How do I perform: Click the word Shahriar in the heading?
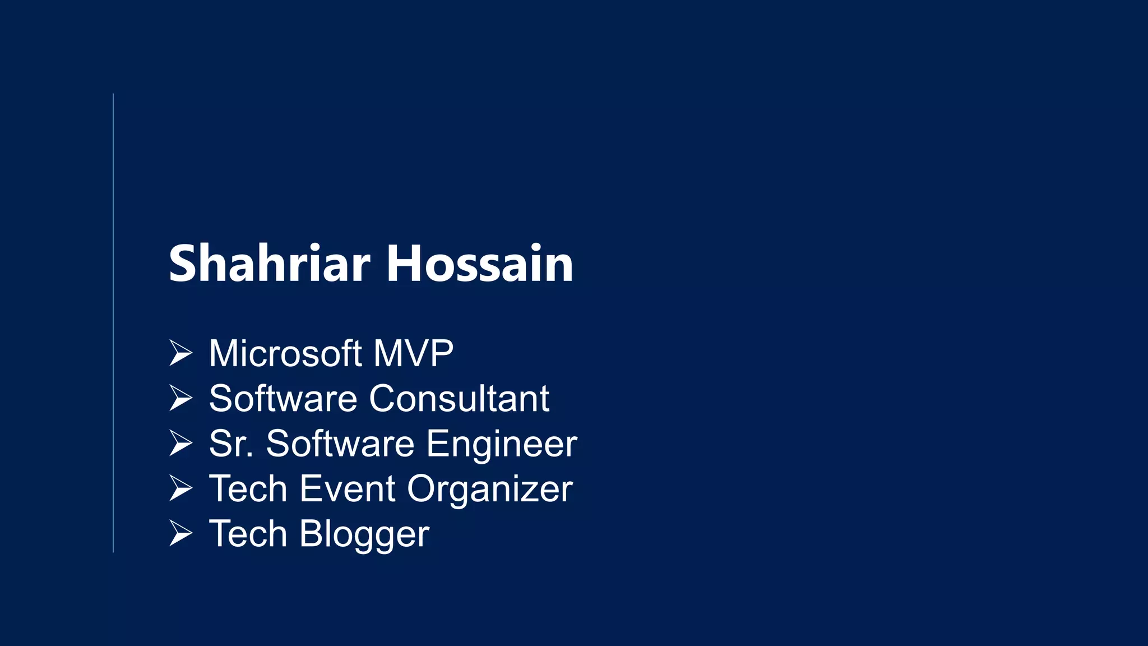[269, 264]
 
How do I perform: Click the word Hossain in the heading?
[480, 264]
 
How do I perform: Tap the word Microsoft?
[285, 353]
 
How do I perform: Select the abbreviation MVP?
[413, 353]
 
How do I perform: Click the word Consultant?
[459, 399]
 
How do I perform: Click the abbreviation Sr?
[230, 444]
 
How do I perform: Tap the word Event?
[348, 489]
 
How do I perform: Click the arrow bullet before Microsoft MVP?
[180, 353]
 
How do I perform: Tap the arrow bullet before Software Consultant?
[180, 399]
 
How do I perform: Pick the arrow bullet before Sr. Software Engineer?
[180, 444]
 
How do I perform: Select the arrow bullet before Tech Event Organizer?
[180, 488]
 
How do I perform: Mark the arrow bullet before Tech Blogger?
[180, 533]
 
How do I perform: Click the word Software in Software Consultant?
[283, 399]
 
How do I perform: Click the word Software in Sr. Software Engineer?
[340, 444]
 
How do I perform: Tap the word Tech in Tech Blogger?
[248, 533]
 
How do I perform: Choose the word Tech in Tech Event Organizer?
[248, 488]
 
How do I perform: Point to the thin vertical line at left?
[113, 323]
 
